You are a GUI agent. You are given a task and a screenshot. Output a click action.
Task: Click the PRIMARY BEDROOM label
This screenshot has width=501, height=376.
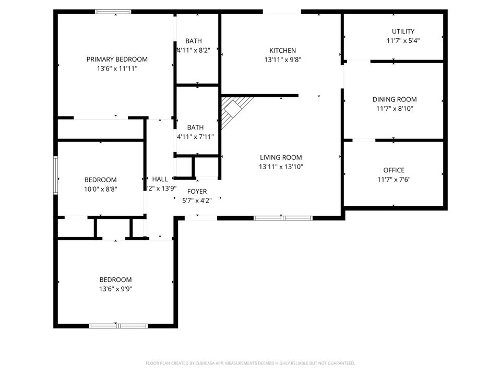click(117, 59)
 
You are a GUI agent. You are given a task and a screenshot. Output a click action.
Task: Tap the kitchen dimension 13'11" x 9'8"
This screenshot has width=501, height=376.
click(282, 60)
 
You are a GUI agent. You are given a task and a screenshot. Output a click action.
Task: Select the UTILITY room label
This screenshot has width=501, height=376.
click(403, 31)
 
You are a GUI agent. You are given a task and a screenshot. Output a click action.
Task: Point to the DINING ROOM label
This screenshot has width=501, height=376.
click(394, 99)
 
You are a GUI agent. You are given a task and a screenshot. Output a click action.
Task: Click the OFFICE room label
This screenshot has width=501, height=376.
click(393, 170)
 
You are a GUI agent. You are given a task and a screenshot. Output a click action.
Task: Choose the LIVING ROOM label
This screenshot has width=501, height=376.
click(281, 157)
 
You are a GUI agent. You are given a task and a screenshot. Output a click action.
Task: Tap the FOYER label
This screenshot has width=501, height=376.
click(197, 192)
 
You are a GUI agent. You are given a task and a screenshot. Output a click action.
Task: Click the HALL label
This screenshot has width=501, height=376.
click(160, 179)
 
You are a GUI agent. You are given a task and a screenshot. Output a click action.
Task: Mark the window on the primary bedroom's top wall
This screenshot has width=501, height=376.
click(113, 11)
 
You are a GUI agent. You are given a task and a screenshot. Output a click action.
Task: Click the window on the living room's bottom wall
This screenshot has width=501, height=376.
click(282, 218)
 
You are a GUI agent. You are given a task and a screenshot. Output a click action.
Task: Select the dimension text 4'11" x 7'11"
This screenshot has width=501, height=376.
click(195, 137)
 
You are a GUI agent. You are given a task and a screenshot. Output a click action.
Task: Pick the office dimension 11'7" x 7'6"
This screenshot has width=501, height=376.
click(393, 180)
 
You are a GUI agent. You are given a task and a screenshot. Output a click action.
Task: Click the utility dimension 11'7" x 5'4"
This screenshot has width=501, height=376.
click(403, 41)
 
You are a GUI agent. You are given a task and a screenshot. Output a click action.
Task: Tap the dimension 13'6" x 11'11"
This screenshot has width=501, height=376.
click(117, 68)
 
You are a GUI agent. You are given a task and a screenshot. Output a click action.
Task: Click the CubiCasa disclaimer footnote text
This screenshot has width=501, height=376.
click(250, 363)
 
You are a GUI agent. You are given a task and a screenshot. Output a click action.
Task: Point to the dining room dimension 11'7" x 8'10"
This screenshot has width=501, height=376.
click(394, 109)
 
